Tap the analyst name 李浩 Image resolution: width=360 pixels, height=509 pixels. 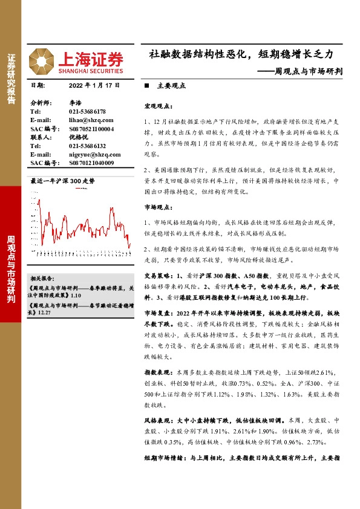coord(74,103)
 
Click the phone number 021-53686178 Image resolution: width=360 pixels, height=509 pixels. coord(87,112)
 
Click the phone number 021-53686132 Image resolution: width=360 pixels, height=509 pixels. coord(87,146)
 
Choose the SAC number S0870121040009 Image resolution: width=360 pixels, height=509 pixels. coord(91,163)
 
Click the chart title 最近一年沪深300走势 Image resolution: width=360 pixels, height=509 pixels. coord(63,181)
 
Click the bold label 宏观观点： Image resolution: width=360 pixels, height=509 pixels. coord(159,106)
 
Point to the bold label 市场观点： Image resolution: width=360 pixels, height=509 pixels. coord(159,207)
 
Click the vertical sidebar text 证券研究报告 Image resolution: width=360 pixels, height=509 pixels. coord(11,79)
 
